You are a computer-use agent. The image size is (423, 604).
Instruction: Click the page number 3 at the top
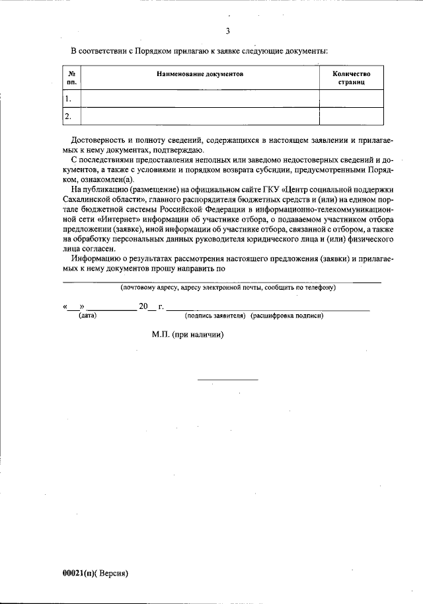(x=227, y=31)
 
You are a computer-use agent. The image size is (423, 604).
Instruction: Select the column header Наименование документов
(x=200, y=74)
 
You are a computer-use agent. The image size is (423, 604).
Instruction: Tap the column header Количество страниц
(x=351, y=78)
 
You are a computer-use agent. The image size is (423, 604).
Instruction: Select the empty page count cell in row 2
(x=351, y=116)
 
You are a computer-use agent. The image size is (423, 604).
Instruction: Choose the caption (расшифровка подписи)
(x=287, y=316)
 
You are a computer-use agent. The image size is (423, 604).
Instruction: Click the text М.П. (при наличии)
(x=187, y=335)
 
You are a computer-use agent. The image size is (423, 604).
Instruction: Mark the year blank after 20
(x=153, y=308)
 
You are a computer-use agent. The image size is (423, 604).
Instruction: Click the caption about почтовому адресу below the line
(x=228, y=288)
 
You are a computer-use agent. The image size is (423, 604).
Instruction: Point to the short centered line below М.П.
(x=228, y=380)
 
